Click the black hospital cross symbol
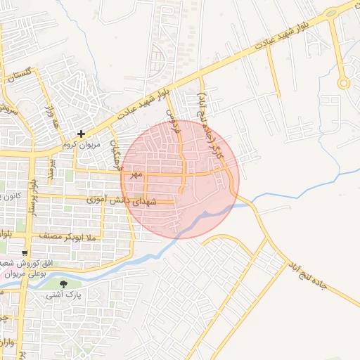pyautogui.click(x=82, y=134)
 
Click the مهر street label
pyautogui.click(x=135, y=173)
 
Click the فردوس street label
pyautogui.click(x=169, y=122)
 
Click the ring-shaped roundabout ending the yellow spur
pyautogui.click(x=344, y=83)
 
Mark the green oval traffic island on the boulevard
pyautogui.click(x=330, y=13)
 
